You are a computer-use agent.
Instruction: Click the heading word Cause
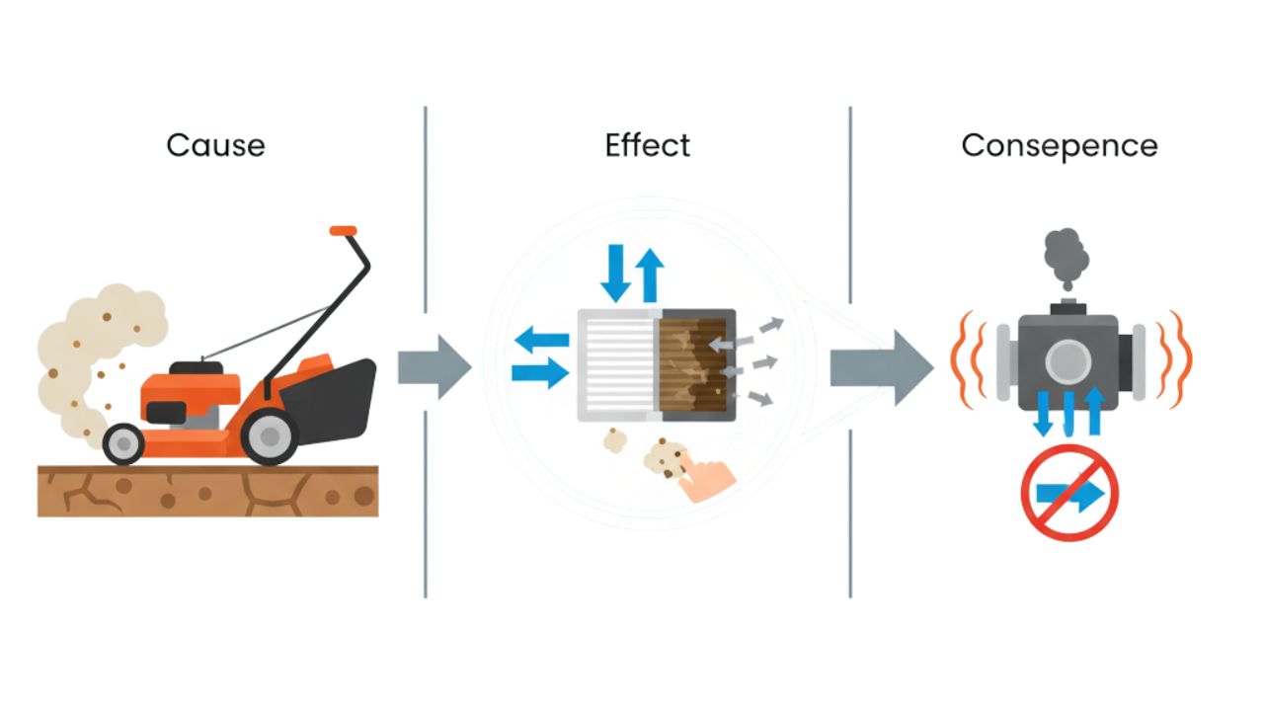click(x=215, y=145)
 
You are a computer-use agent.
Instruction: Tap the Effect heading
click(x=647, y=145)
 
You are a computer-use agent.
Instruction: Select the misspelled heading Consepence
click(x=1059, y=145)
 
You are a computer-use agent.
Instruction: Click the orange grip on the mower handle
click(x=343, y=231)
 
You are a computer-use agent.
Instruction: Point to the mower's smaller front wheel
click(x=123, y=443)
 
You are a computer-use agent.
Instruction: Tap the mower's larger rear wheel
click(x=268, y=434)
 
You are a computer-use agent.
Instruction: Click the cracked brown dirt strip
click(x=207, y=491)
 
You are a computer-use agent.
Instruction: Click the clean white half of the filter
click(x=617, y=365)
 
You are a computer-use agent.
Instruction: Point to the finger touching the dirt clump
click(x=709, y=481)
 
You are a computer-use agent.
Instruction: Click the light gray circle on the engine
click(x=1067, y=361)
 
